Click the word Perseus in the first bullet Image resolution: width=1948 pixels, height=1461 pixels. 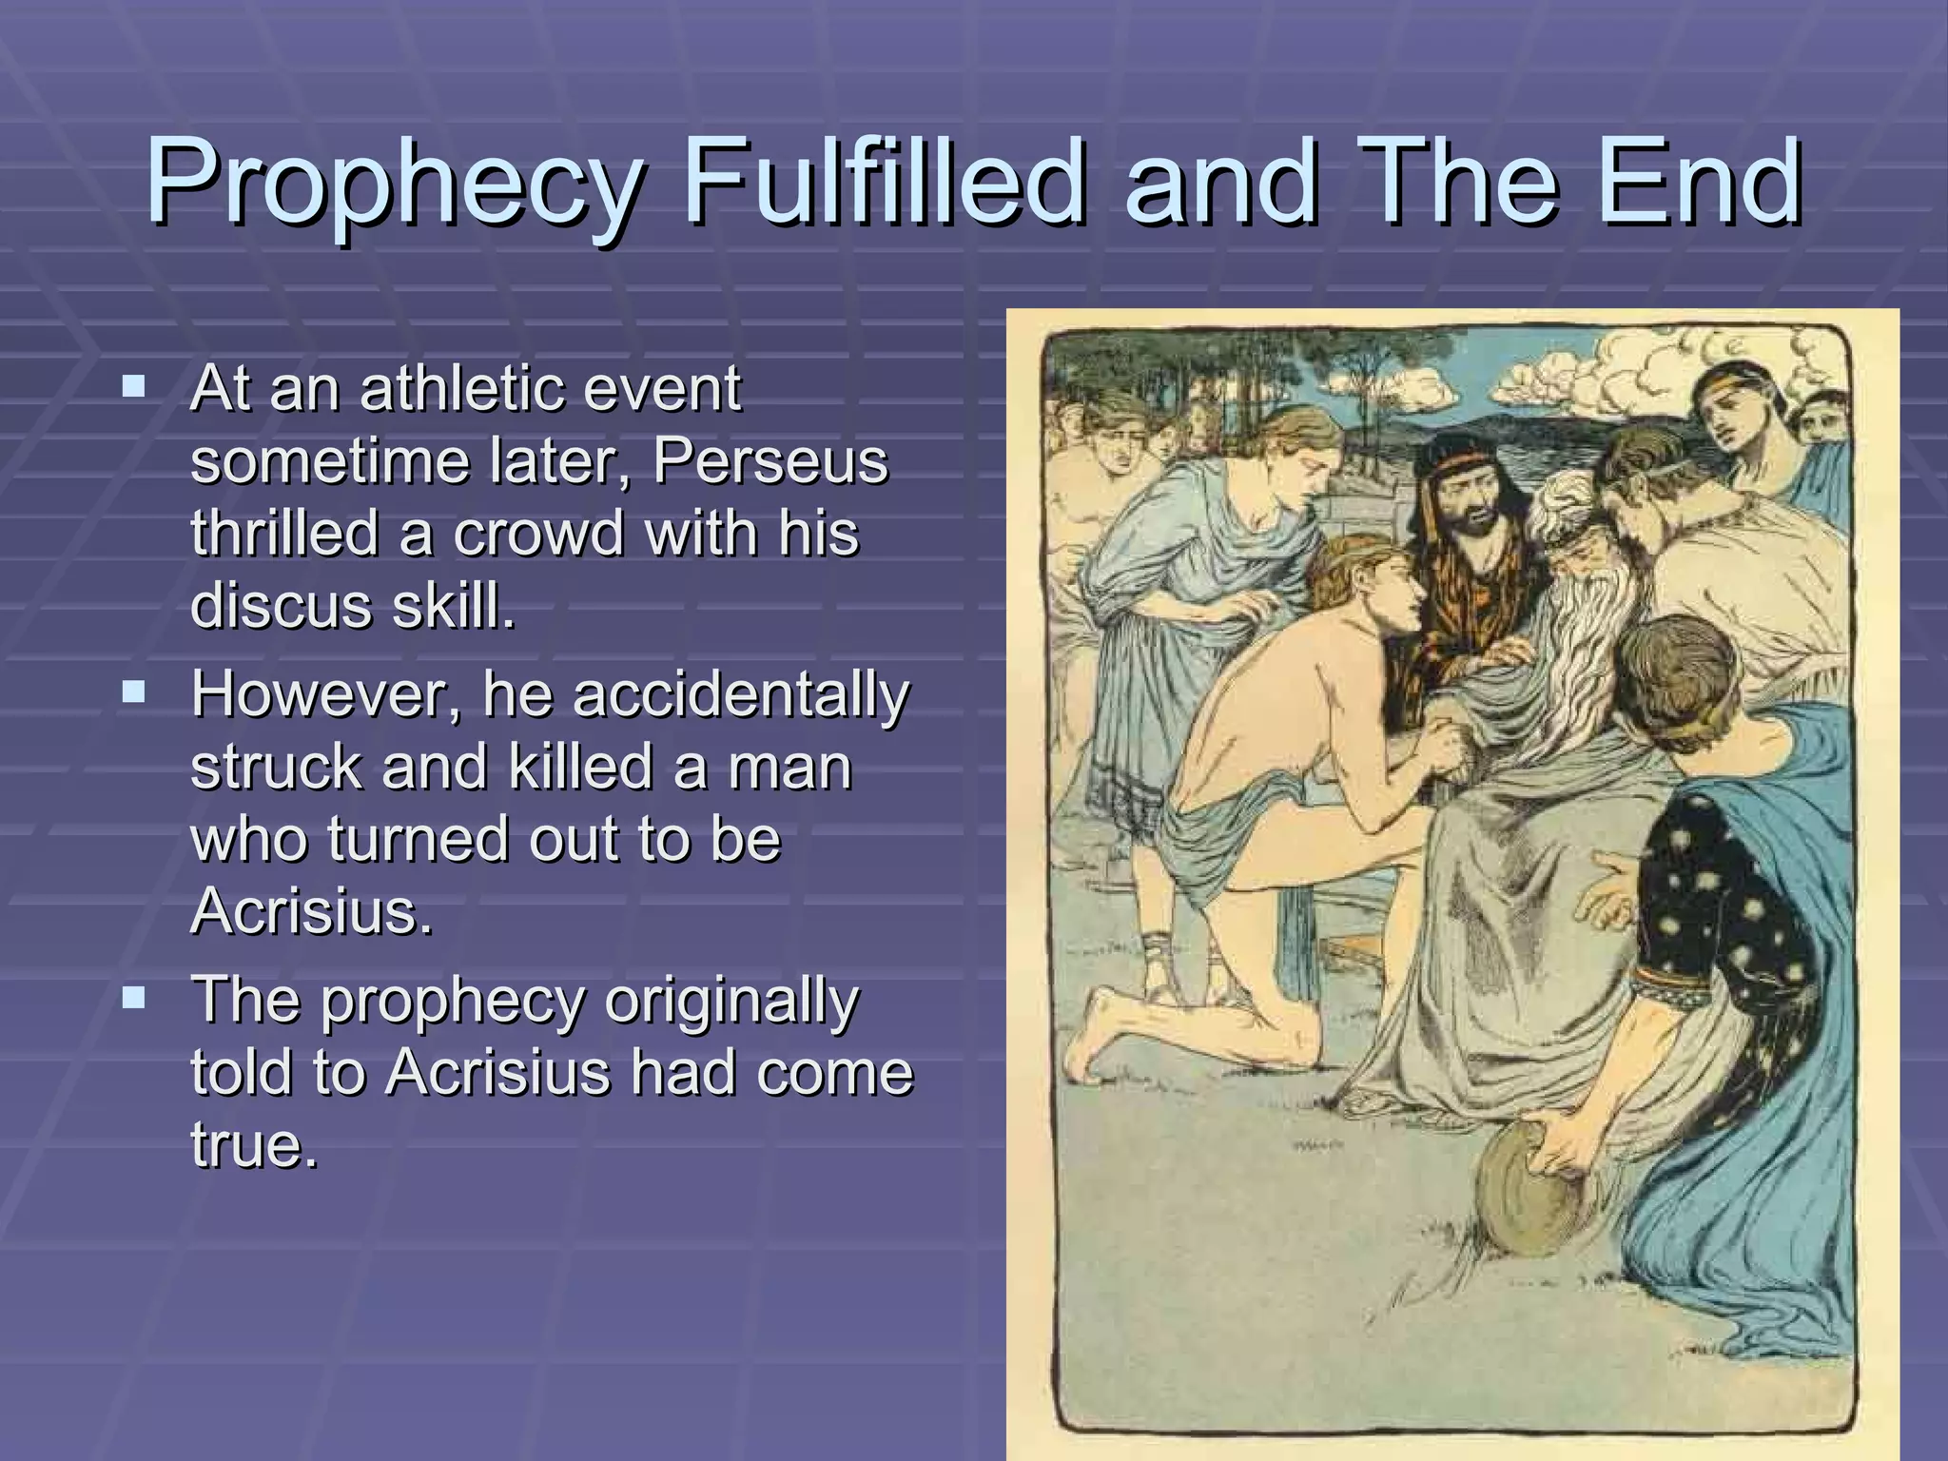(x=770, y=460)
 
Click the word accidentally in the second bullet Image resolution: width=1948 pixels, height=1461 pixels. (x=741, y=694)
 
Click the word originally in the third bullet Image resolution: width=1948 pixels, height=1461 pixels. (x=731, y=1001)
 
